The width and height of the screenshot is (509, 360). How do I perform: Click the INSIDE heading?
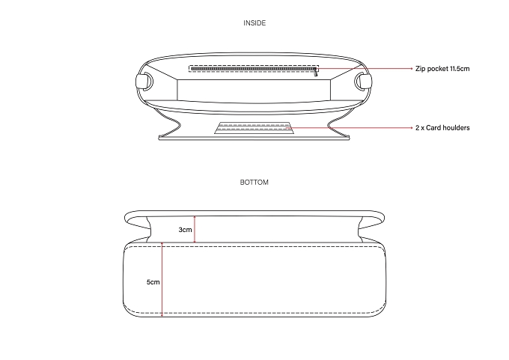coord(254,23)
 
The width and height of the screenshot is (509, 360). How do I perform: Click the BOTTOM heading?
coord(254,183)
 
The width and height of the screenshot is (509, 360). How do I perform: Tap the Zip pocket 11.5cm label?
coord(442,69)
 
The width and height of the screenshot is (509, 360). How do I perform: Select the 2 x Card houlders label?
coord(442,128)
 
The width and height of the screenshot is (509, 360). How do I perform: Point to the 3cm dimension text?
coord(185,230)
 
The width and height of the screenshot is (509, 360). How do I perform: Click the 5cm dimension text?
coord(153,282)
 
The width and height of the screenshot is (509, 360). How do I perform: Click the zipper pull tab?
coord(316,73)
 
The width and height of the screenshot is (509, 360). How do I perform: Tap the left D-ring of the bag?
coord(144,81)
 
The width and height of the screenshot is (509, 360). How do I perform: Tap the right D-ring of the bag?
coord(363,81)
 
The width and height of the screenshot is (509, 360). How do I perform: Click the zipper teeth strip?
coord(253,69)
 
